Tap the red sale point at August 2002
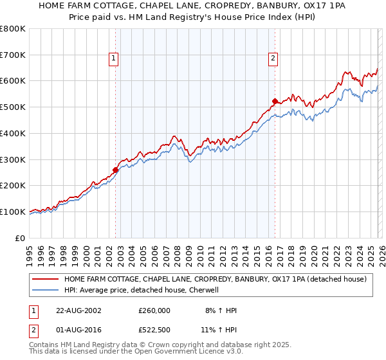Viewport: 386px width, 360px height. [x=116, y=170]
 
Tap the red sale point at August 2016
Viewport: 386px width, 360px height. [x=275, y=101]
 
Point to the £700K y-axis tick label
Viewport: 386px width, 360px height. [x=13, y=55]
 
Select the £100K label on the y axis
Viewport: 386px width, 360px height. [x=13, y=212]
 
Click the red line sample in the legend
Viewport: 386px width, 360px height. [x=45, y=279]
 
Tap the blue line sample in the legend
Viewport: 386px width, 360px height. [x=45, y=290]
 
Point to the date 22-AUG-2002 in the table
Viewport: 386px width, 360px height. [x=77, y=310]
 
